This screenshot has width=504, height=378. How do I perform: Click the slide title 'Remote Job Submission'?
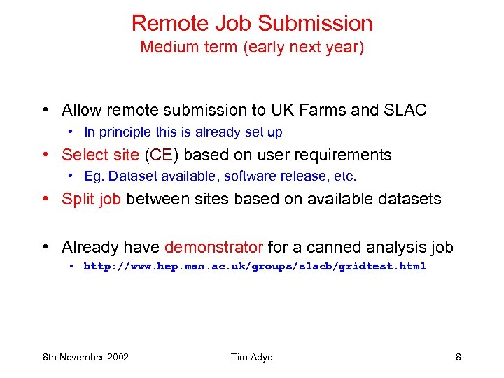[252, 23]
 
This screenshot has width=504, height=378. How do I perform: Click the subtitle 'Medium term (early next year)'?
[252, 48]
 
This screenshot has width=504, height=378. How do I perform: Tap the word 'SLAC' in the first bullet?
[405, 110]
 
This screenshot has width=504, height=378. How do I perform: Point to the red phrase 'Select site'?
[101, 155]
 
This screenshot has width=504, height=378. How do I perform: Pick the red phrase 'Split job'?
[92, 199]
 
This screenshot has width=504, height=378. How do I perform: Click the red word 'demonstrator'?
[213, 247]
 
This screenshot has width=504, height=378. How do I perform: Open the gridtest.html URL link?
[255, 266]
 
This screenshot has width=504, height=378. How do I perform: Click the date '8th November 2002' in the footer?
[86, 357]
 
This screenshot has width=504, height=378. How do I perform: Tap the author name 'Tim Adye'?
[252, 357]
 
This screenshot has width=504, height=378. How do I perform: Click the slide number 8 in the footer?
[458, 357]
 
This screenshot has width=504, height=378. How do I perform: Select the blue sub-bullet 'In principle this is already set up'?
[183, 132]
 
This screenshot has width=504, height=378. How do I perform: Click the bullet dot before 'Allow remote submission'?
[45, 110]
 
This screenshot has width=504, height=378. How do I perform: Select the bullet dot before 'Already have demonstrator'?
[45, 247]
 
